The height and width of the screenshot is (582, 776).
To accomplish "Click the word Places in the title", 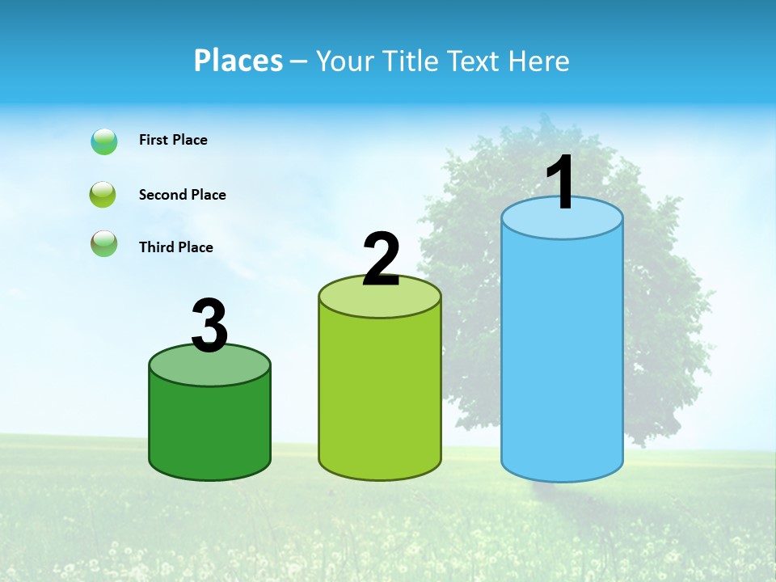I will (x=238, y=61).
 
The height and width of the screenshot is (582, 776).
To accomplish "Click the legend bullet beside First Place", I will (x=104, y=141).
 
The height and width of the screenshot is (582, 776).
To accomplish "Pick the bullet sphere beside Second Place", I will (x=103, y=195).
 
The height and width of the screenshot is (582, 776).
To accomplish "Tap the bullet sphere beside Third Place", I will (x=103, y=243).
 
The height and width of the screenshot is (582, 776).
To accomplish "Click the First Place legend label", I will (x=173, y=140).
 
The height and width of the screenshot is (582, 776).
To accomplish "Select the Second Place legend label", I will (x=182, y=195).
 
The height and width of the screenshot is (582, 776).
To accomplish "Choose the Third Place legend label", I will (x=175, y=247).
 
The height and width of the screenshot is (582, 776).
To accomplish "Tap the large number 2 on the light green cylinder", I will (x=381, y=259).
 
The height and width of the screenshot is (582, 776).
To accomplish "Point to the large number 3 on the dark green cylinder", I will (x=210, y=327).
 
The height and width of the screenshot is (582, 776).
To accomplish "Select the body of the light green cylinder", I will (x=380, y=396).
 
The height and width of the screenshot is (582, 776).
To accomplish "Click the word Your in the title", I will (x=342, y=61).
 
